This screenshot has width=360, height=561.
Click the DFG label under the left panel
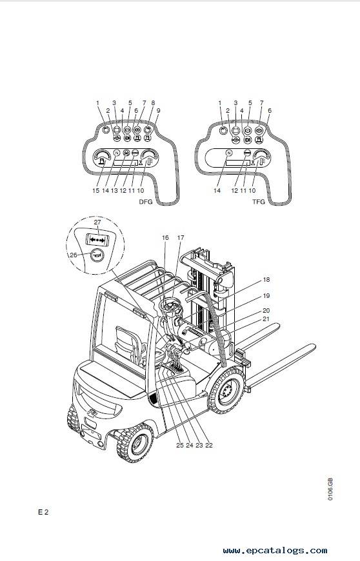146,202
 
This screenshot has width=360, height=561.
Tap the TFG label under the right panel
259,202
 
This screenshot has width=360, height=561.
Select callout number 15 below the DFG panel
96,191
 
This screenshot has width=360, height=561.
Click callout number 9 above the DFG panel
158,110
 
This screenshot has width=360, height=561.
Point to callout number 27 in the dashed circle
97,222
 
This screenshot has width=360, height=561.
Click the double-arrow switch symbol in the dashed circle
97,239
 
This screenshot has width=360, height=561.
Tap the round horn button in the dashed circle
96,255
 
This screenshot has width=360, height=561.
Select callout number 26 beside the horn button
74,255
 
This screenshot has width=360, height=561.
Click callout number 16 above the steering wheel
165,237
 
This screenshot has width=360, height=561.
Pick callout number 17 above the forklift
181,237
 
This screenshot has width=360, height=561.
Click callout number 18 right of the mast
266,280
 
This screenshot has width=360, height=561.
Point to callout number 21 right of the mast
266,319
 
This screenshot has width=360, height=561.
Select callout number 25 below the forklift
179,445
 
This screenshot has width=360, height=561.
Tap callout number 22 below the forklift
209,445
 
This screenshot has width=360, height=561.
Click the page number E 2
43,512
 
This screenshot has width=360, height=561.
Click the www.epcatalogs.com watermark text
275,551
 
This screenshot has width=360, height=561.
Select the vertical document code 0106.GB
330,489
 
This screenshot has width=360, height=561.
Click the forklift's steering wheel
171,308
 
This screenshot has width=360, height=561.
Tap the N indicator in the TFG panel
229,153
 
